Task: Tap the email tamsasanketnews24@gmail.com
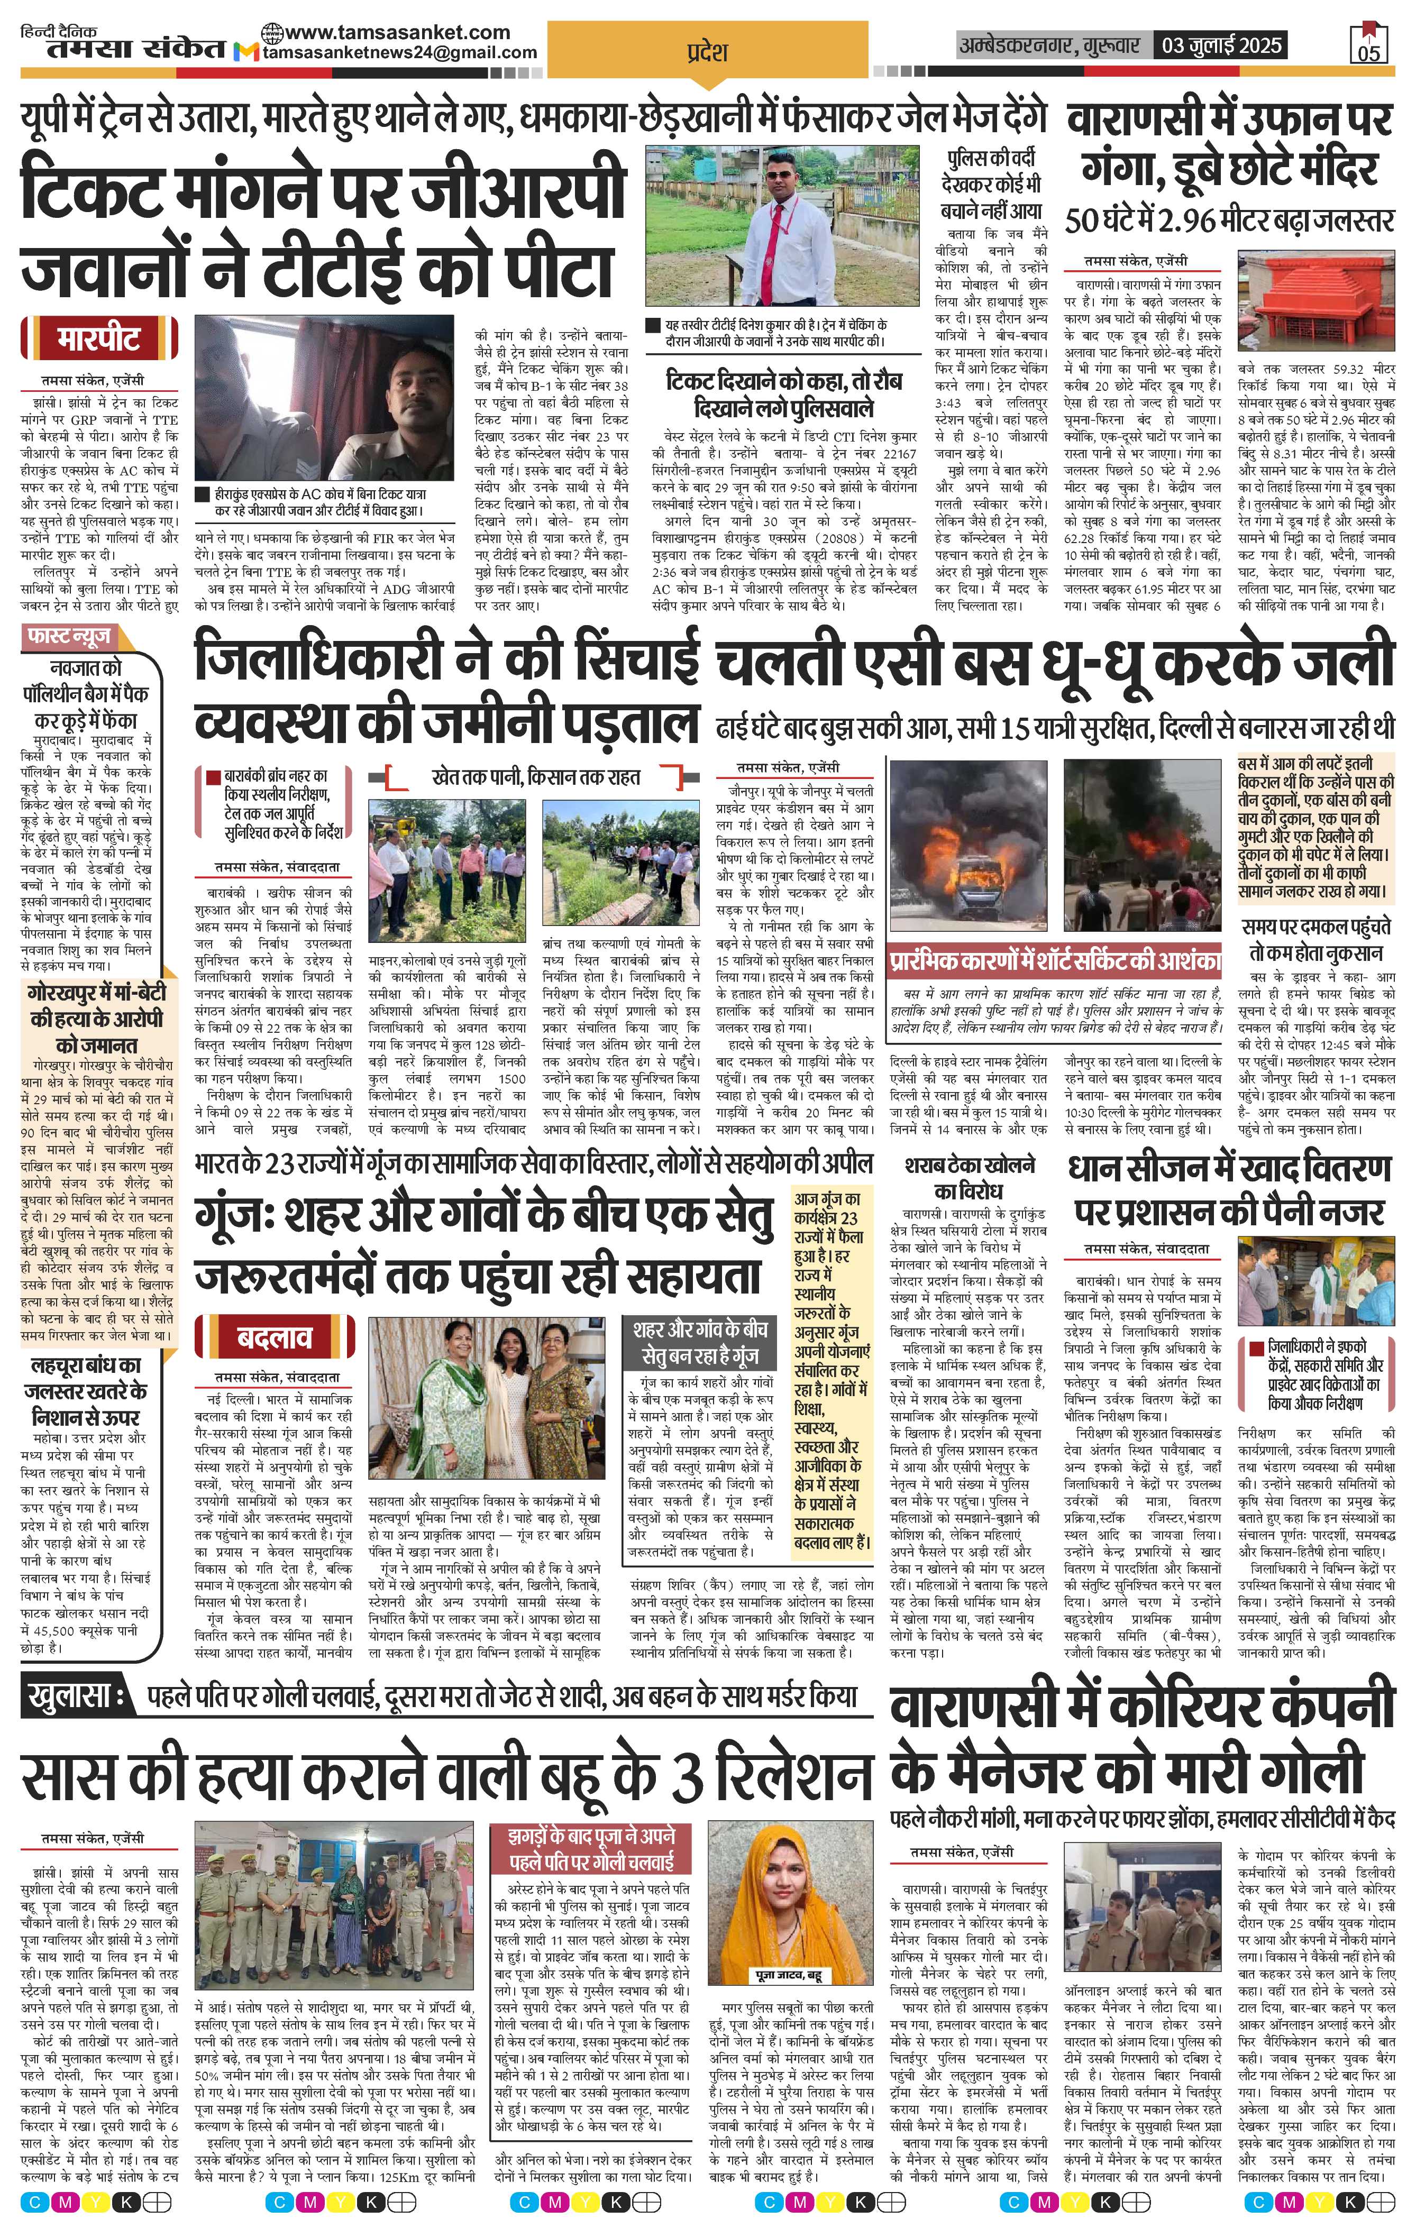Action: coord(400,53)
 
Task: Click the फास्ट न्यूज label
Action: coord(69,637)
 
